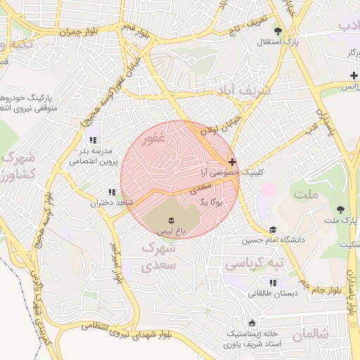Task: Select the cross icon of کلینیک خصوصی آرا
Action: [232, 162]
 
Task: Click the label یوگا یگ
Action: [210, 202]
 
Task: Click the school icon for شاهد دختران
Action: [111, 192]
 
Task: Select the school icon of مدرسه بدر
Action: [93, 139]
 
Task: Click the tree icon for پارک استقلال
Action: [278, 31]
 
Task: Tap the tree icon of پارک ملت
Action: [340, 210]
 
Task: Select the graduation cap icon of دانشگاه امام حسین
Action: [272, 229]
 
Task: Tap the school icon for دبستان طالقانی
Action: [272, 283]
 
